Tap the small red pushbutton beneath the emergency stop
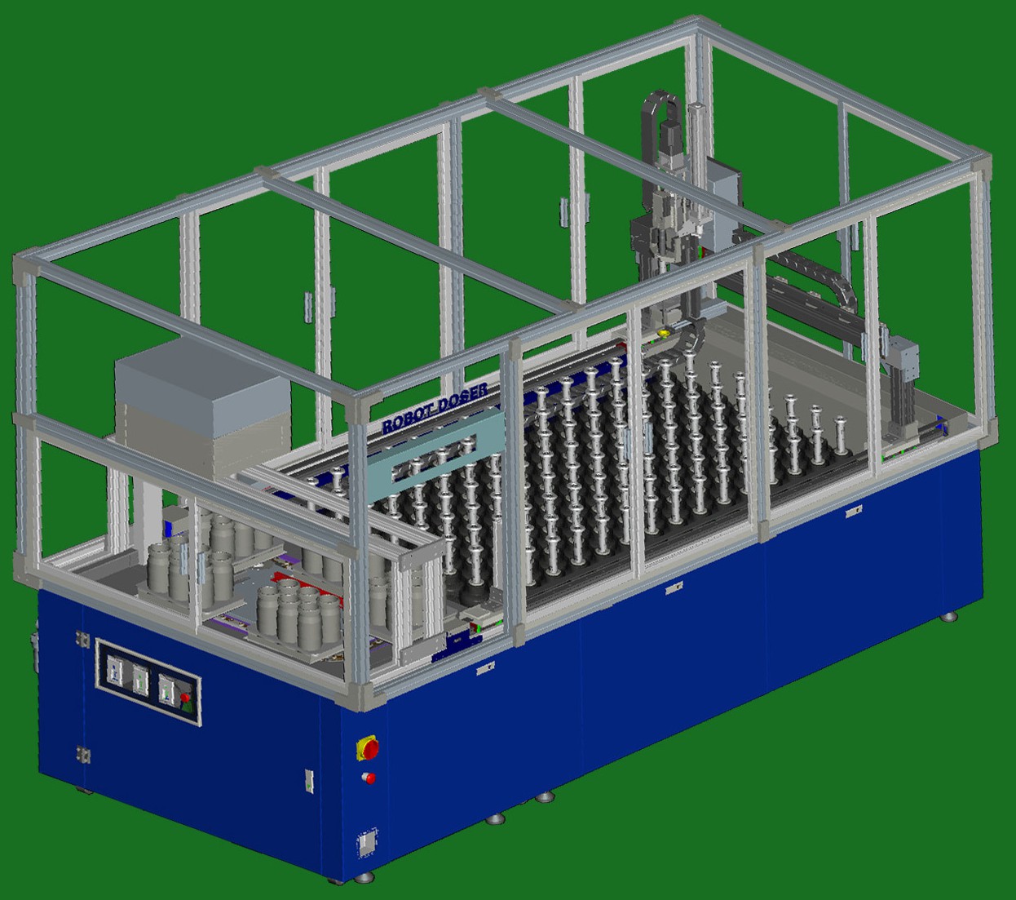pyautogui.click(x=369, y=778)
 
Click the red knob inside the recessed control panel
pyautogui.click(x=185, y=698)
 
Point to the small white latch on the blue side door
pyautogui.click(x=308, y=779)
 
